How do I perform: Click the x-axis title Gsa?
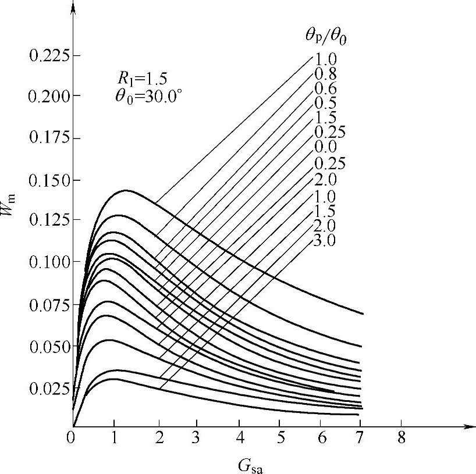[254, 465]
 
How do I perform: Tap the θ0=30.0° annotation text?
[149, 96]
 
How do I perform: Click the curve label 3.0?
[325, 240]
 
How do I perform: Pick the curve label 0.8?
[325, 74]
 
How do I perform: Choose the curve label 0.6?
[325, 89]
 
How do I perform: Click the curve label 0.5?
[325, 104]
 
